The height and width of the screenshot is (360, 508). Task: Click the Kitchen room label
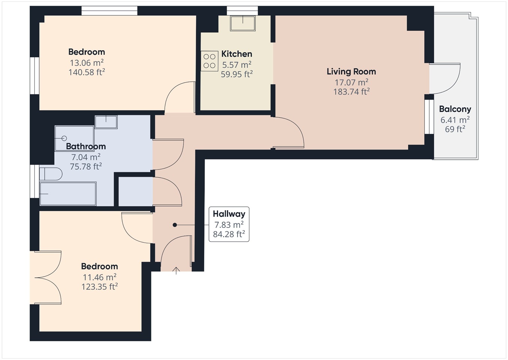236,54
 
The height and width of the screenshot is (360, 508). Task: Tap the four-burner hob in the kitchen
209,61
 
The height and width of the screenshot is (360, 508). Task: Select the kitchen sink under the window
243,23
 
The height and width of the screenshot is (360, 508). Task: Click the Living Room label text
351,72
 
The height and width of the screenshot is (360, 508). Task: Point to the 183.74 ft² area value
351,92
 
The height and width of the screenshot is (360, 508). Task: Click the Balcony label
455,109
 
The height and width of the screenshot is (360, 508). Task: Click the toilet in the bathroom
51,174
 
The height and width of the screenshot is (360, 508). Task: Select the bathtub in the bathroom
68,193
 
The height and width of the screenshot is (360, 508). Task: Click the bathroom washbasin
106,122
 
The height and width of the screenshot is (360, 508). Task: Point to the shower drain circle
64,138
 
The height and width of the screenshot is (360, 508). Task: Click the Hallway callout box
229,224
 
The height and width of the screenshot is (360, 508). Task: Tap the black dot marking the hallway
175,225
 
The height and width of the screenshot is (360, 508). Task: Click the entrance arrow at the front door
176,270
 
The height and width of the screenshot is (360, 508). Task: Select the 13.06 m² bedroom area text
87,63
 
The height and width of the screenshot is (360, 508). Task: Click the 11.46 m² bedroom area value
99,277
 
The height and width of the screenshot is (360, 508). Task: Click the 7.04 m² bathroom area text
86,157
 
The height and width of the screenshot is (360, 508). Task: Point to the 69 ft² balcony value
455,129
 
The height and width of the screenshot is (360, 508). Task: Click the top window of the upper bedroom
109,11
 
